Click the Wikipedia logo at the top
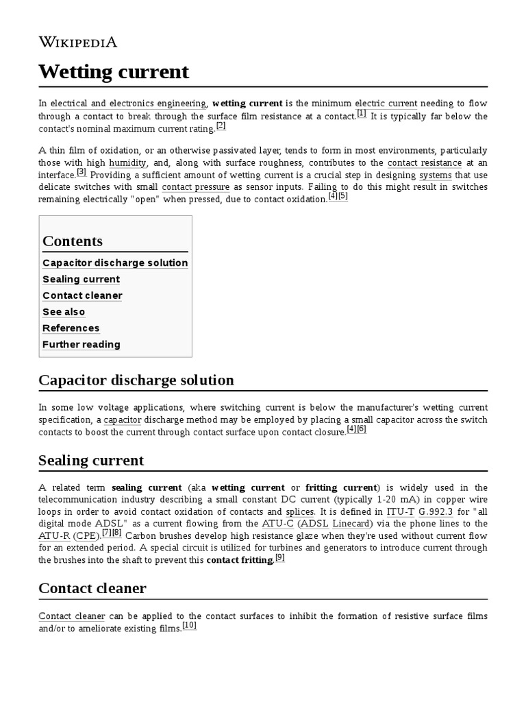tap(77, 42)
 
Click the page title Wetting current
tap(114, 71)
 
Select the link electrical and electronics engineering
tap(128, 104)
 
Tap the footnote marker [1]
tap(361, 113)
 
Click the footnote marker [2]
tap(221, 125)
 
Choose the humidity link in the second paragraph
tap(127, 163)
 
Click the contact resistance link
tap(424, 163)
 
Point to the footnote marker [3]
tap(82, 172)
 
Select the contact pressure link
tap(195, 186)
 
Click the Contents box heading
tap(73, 241)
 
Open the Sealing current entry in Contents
tap(81, 279)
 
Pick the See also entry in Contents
tap(64, 312)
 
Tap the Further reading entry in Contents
tap(81, 344)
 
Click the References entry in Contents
tap(71, 328)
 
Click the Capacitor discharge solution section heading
tap(136, 380)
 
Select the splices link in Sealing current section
tap(299, 512)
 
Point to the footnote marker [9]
tap(279, 557)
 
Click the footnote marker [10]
tap(190, 625)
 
